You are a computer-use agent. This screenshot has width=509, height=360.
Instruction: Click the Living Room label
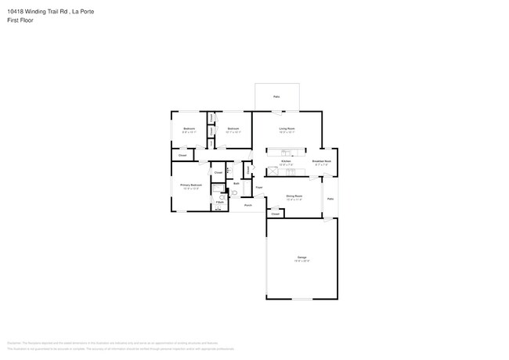pyautogui.click(x=287, y=128)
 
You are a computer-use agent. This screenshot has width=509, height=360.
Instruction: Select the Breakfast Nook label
pyautogui.click(x=322, y=161)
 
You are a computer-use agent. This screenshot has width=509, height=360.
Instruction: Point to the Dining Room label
pyautogui.click(x=294, y=196)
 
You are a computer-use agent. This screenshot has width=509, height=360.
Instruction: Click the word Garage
pyautogui.click(x=301, y=257)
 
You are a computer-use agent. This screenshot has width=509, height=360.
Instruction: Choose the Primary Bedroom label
pyautogui.click(x=191, y=185)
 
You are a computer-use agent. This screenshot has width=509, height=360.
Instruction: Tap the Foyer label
pyautogui.click(x=258, y=188)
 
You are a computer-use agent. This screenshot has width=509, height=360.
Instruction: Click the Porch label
pyautogui.click(x=247, y=205)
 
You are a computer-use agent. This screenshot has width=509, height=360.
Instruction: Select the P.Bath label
pyautogui.click(x=220, y=203)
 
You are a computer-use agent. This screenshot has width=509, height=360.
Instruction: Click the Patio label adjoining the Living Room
pyautogui.click(x=276, y=96)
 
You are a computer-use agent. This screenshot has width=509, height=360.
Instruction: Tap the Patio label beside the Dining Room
pyautogui.click(x=330, y=199)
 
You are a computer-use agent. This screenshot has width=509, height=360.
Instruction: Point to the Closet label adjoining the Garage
pyautogui.click(x=276, y=213)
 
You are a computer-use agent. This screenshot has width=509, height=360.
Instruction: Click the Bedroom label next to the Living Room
pyautogui.click(x=233, y=128)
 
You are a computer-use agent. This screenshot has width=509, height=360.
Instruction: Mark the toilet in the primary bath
pyautogui.click(x=234, y=193)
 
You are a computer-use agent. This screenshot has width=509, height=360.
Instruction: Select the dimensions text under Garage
pyautogui.click(x=301, y=261)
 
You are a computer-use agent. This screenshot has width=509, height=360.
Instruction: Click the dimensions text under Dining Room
pyautogui.click(x=294, y=200)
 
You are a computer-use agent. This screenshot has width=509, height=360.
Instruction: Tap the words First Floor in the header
pyautogui.click(x=20, y=20)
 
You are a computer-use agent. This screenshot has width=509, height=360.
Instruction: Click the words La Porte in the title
pyautogui.click(x=85, y=11)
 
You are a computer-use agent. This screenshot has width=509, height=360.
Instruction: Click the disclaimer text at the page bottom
pyautogui.click(x=117, y=344)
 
